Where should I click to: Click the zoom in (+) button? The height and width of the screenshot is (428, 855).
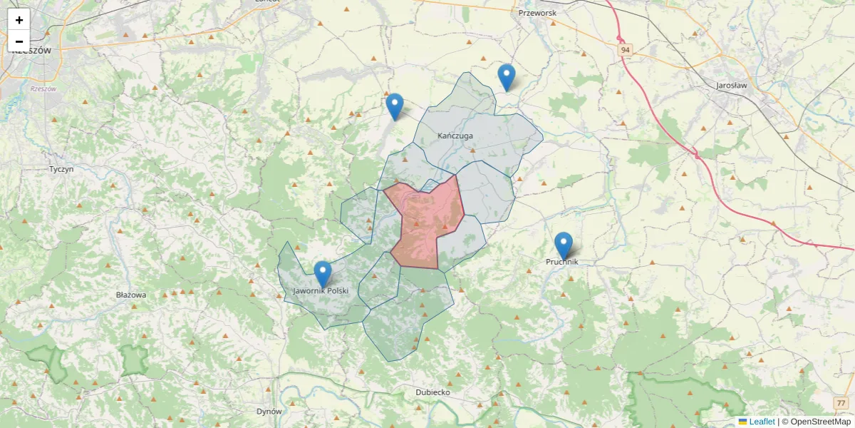coord(19,20)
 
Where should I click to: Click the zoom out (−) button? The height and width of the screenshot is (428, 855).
coord(19,41)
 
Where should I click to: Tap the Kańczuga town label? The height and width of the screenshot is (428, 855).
coord(455,136)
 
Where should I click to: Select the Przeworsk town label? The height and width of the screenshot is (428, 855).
coord(537,13)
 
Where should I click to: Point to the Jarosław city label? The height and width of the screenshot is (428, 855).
coord(731,85)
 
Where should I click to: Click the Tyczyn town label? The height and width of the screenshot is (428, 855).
coord(61,169)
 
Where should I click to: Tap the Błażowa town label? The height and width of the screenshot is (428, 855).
coord(130,295)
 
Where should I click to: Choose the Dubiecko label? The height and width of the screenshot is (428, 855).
coord(432,392)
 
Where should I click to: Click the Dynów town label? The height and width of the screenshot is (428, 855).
coord(269,411)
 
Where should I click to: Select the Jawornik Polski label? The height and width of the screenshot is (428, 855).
coord(321,291)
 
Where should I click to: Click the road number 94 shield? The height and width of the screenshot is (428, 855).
coord(625,49)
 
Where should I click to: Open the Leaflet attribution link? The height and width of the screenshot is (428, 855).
coord(761,422)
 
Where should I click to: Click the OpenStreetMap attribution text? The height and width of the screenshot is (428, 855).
coord(816,422)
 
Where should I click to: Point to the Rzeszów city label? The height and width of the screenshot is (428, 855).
coord(31,51)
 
